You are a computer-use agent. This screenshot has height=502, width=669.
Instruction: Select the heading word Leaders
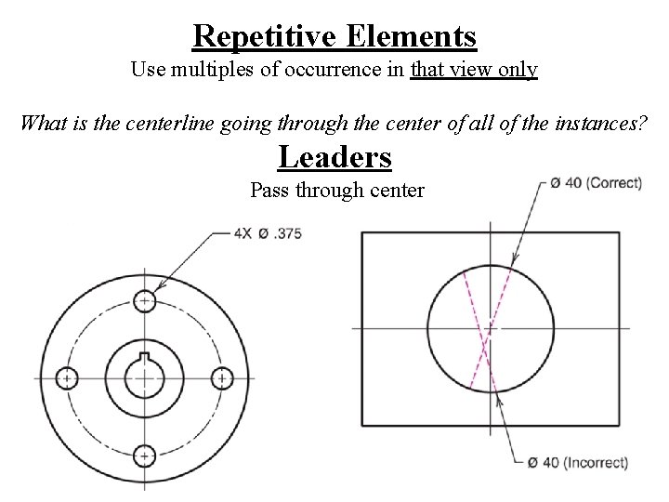(x=334, y=157)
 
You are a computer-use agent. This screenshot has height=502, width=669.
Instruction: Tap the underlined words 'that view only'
(x=474, y=70)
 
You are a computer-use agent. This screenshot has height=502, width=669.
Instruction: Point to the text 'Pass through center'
(x=336, y=191)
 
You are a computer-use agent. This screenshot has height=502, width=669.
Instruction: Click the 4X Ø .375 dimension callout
(x=269, y=232)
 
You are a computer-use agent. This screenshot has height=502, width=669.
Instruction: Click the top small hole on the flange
(x=144, y=300)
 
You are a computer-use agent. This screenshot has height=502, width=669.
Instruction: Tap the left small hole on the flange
(x=67, y=378)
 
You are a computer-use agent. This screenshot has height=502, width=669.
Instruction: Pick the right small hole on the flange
(x=221, y=378)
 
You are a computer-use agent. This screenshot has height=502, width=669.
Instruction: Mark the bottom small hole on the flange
(x=144, y=456)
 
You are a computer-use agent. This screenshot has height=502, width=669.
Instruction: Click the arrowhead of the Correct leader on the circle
(x=512, y=268)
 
